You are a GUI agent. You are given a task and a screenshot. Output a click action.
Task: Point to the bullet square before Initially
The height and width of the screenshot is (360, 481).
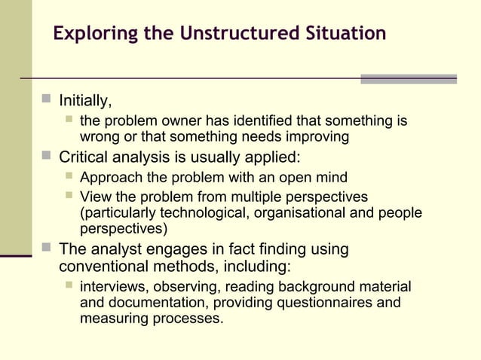47,99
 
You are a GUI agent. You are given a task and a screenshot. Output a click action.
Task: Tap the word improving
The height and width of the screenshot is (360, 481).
316,137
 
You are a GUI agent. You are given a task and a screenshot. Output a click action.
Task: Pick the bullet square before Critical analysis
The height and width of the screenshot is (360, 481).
47,156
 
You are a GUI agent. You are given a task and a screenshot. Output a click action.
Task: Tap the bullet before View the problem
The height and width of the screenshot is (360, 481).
69,196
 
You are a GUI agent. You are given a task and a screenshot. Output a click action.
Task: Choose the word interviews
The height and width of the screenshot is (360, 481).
113,287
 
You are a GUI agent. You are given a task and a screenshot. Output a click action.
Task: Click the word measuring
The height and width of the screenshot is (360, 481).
112,319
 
